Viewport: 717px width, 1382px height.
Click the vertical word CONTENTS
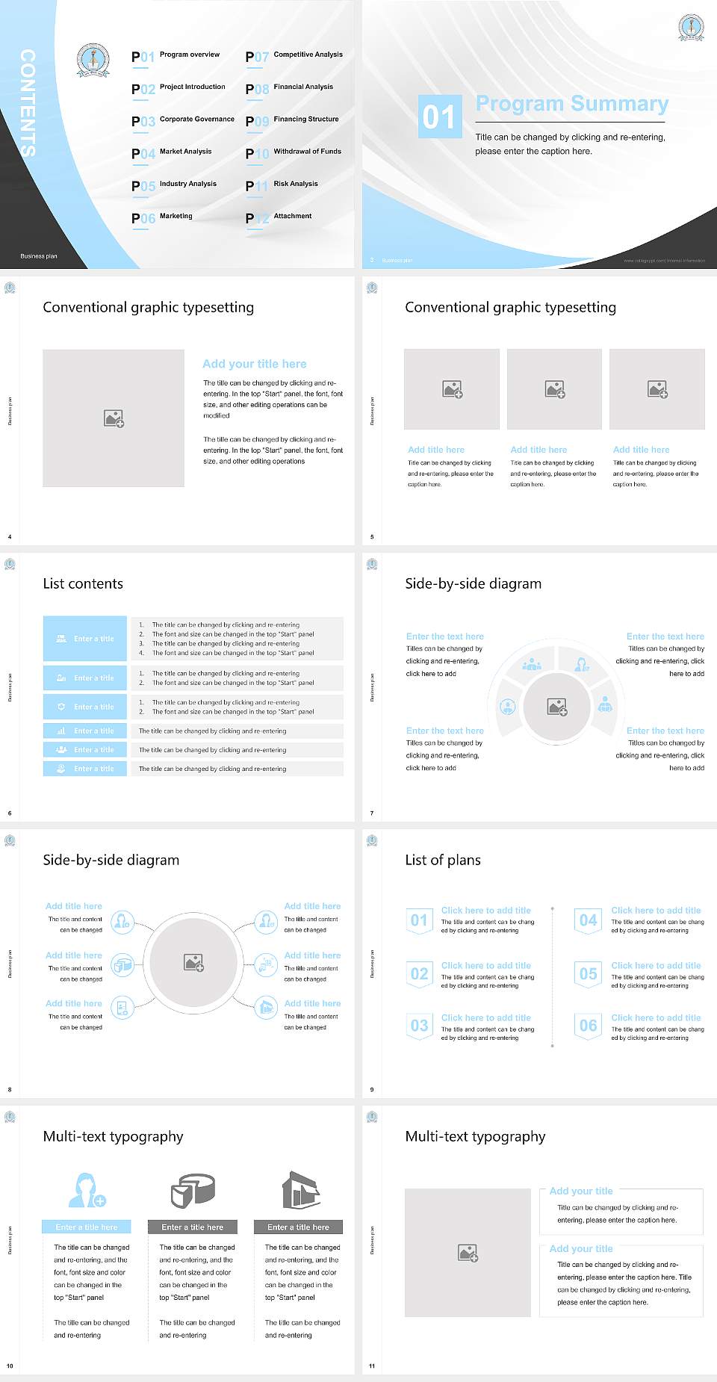click(28, 102)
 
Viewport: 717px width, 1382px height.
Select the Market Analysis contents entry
click(185, 152)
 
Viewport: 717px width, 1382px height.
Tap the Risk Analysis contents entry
click(295, 184)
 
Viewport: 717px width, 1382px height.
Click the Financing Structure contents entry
click(305, 120)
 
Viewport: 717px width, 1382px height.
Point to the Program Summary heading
click(571, 104)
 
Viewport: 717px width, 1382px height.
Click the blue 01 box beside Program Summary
click(440, 117)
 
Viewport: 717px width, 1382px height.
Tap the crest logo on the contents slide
click(93, 61)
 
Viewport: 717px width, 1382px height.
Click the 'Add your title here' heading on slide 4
click(254, 364)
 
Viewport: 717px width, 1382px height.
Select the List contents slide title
click(83, 583)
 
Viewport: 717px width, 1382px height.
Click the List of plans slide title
click(443, 860)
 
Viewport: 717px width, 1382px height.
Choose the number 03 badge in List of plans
click(419, 1026)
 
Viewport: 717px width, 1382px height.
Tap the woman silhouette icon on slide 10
click(86, 1191)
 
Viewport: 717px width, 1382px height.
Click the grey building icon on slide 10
click(301, 1190)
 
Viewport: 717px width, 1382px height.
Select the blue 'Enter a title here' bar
click(87, 1227)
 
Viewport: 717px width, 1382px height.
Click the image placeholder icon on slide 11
click(468, 1253)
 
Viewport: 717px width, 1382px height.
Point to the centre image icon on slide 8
click(194, 962)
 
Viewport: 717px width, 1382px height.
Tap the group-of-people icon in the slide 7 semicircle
click(532, 663)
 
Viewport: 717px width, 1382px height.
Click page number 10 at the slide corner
click(10, 1366)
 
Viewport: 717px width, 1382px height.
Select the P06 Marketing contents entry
click(162, 217)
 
